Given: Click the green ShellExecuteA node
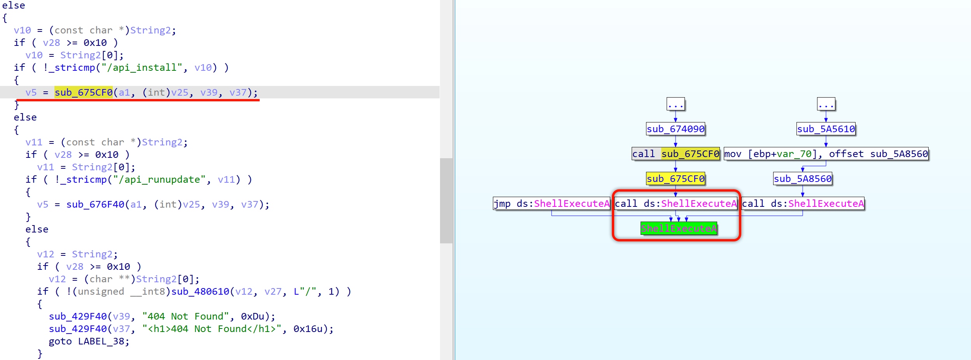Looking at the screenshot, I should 679,228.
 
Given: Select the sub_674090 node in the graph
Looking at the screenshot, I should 676,129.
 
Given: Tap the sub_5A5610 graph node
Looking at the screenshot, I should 826,129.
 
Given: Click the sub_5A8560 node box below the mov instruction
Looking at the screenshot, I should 803,178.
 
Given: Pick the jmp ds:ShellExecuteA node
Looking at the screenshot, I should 552,203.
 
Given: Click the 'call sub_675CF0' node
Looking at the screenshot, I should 676,154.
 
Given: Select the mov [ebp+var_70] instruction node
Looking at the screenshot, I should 826,154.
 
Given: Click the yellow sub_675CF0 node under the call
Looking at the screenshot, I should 676,178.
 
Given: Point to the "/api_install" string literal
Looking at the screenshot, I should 142,68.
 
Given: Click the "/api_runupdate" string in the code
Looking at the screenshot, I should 159,180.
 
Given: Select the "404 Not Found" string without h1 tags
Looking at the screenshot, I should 185,316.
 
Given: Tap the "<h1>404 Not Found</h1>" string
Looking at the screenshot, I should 212,329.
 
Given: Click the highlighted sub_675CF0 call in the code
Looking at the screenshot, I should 84,93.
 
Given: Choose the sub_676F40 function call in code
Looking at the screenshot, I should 95,204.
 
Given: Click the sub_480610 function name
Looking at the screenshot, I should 200,292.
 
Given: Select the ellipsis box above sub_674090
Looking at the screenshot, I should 676,104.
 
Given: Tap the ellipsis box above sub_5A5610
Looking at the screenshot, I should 826,104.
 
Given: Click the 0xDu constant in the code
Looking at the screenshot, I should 252,316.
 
